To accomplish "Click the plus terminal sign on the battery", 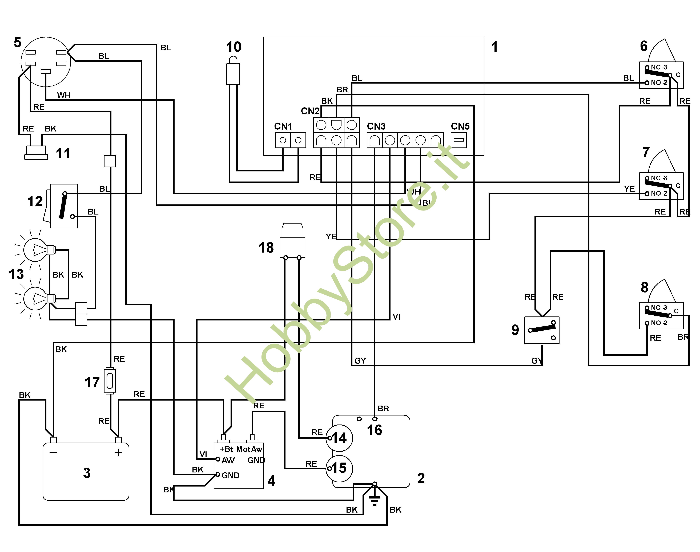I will coord(118,452).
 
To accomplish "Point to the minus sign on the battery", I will coord(53,452).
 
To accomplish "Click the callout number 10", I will coord(234,47).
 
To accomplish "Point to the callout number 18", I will coord(266,248).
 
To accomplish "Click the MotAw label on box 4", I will coord(249,449).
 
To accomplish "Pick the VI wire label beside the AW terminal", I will coord(203,454).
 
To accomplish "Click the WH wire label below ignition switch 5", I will coord(64,95).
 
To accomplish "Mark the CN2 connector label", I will coord(310,111).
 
